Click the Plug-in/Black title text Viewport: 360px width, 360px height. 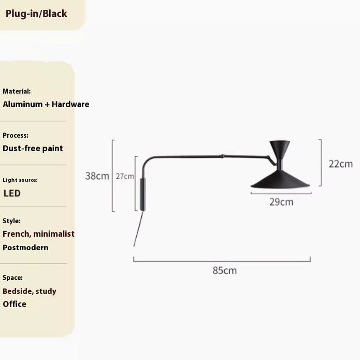click(36, 14)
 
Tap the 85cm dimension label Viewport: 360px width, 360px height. click(224, 270)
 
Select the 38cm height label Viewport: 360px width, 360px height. click(97, 176)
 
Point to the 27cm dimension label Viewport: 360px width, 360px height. click(125, 176)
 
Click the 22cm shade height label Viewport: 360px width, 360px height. click(341, 164)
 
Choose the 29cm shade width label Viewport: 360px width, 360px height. click(281, 202)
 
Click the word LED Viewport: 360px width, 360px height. click(12, 193)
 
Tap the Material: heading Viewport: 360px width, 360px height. click(17, 91)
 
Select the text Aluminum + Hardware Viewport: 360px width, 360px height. click(46, 104)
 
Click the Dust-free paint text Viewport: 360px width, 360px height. click(33, 149)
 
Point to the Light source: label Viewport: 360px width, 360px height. click(20, 180)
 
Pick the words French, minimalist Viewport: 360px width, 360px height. click(38, 234)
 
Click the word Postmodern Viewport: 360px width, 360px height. click(25, 248)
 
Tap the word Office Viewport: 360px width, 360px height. click(15, 304)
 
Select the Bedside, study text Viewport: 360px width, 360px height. click(30, 291)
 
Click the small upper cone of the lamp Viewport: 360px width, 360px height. click(280, 150)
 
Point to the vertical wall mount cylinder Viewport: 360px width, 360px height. click(142, 194)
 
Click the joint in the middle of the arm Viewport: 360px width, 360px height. click(222, 156)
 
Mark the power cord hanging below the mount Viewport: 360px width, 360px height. click(138, 229)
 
